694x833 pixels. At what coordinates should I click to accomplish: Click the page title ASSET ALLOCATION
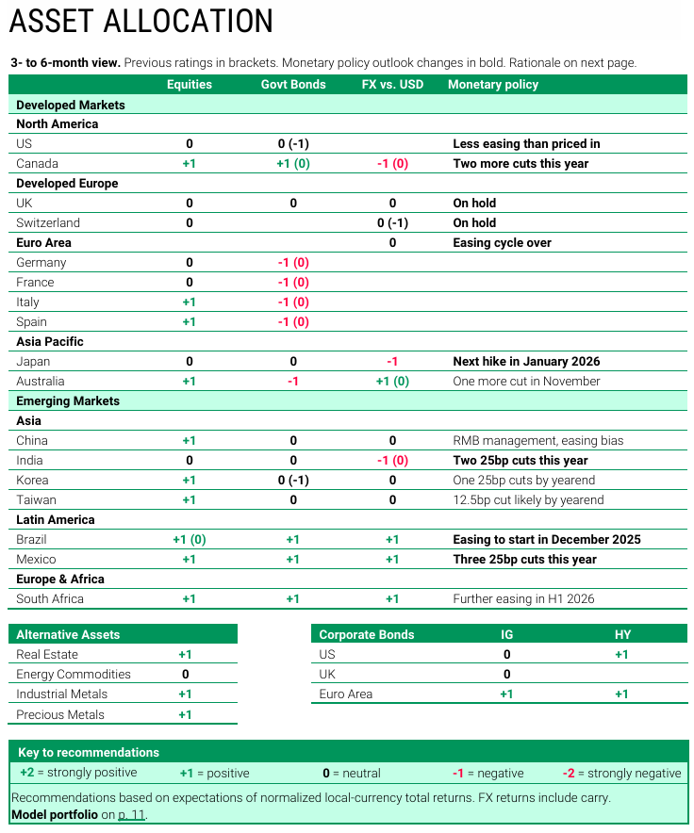coord(142,22)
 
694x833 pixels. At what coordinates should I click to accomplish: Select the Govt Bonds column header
coord(293,84)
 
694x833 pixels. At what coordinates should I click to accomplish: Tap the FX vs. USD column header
coord(392,84)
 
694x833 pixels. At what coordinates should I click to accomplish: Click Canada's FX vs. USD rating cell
coord(392,163)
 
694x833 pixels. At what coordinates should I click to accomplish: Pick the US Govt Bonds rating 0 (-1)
coord(293,143)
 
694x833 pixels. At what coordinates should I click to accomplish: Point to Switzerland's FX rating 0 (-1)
coord(392,222)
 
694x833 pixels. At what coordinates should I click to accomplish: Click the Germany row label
coord(41,262)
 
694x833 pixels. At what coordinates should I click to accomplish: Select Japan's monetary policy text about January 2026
coord(526,361)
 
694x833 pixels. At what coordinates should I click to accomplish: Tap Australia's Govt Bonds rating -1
coord(293,381)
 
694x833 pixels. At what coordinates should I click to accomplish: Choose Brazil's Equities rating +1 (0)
coord(190,539)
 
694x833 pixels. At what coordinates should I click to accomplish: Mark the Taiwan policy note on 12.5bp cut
coord(528,499)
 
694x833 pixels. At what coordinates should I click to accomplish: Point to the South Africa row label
coord(50,598)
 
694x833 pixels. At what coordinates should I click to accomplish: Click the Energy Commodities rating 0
coord(185,674)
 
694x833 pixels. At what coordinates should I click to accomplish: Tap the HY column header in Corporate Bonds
coord(622,634)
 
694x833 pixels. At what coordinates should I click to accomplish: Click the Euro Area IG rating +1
coord(506,694)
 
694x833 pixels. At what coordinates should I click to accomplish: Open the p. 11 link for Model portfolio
coord(132,814)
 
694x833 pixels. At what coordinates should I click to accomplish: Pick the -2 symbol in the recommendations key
coord(569,773)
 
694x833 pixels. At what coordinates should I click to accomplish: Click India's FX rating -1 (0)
coord(392,460)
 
